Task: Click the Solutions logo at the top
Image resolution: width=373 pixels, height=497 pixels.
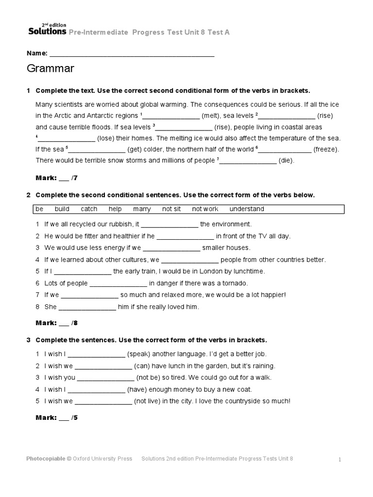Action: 47,30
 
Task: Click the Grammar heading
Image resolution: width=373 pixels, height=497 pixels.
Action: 51,69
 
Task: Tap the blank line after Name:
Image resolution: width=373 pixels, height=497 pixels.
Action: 132,53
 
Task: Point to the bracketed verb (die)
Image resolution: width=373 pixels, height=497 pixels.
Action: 287,160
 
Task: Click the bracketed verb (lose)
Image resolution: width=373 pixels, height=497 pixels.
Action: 107,138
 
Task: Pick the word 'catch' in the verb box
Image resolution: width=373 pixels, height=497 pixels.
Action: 89,209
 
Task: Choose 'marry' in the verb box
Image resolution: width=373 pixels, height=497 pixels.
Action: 142,209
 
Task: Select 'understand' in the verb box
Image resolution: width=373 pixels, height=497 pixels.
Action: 247,209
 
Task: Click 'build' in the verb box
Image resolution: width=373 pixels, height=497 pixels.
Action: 62,209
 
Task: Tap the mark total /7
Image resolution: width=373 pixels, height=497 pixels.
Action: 74,178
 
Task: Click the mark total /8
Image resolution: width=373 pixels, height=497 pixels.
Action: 74,323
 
